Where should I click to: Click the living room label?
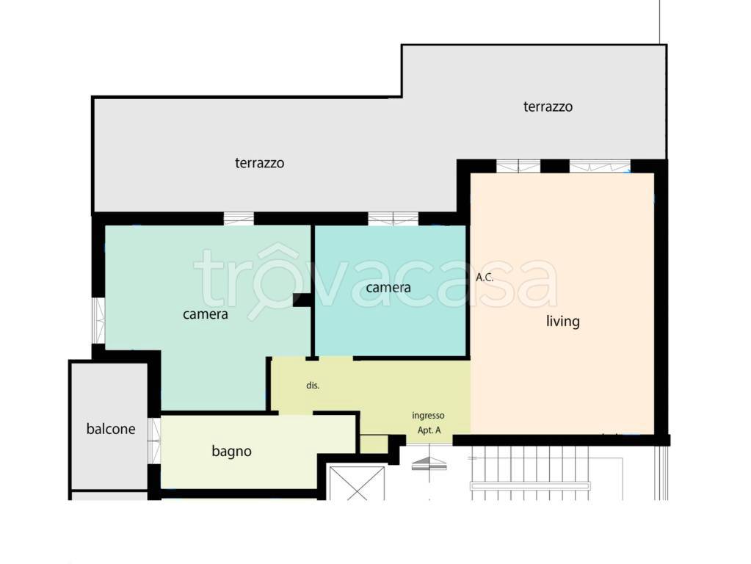[x=563, y=321]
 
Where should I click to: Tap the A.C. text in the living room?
[x=485, y=277]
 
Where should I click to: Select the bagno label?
[x=231, y=451]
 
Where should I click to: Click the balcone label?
[x=111, y=428]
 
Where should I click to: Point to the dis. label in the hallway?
[x=313, y=386]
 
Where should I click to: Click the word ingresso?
[x=428, y=416]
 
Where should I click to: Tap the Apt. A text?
[x=429, y=430]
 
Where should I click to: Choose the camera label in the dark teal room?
[x=388, y=288]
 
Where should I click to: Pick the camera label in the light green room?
[x=205, y=314]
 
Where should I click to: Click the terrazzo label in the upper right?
[x=548, y=106]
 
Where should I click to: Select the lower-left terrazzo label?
[x=259, y=163]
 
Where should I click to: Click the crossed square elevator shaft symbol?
[x=357, y=483]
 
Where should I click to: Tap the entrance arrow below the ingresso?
[x=429, y=463]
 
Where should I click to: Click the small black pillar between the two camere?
[x=302, y=300]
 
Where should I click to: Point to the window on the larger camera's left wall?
[x=98, y=321]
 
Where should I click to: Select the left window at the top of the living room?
[x=518, y=166]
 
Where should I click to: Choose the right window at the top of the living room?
[x=600, y=166]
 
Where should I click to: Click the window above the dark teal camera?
[x=393, y=219]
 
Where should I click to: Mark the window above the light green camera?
[x=239, y=219]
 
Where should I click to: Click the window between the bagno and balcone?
[x=153, y=441]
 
